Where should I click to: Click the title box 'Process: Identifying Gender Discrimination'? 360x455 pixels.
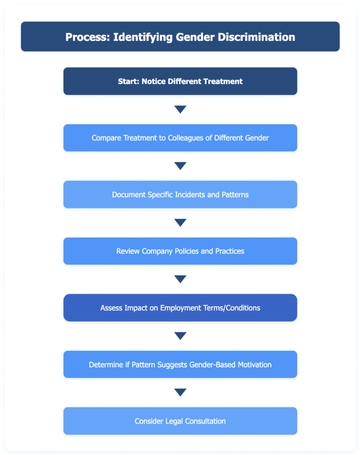coord(180,36)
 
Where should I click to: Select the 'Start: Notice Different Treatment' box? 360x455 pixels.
coord(180,81)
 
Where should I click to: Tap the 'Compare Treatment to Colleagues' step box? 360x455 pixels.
coord(180,138)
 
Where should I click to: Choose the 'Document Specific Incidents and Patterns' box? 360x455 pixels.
coord(180,195)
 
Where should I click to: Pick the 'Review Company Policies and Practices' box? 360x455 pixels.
coord(180,251)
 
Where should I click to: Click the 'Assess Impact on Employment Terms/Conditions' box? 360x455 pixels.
coord(180,307)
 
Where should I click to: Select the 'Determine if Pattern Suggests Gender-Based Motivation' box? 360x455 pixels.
coord(180,364)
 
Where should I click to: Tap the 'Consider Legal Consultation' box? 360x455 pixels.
coord(180,421)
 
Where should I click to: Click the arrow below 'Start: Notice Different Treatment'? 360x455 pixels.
coord(180,109)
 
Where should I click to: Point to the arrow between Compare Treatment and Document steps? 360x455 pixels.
coord(180,166)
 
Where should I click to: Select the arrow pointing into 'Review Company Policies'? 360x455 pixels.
coord(180,223)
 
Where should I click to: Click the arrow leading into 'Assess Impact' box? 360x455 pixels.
coord(180,279)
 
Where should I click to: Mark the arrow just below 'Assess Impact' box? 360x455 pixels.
coord(180,336)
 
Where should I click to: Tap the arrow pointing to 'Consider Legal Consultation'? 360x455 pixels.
coord(180,392)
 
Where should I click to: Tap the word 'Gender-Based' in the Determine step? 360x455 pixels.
coord(212,364)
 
